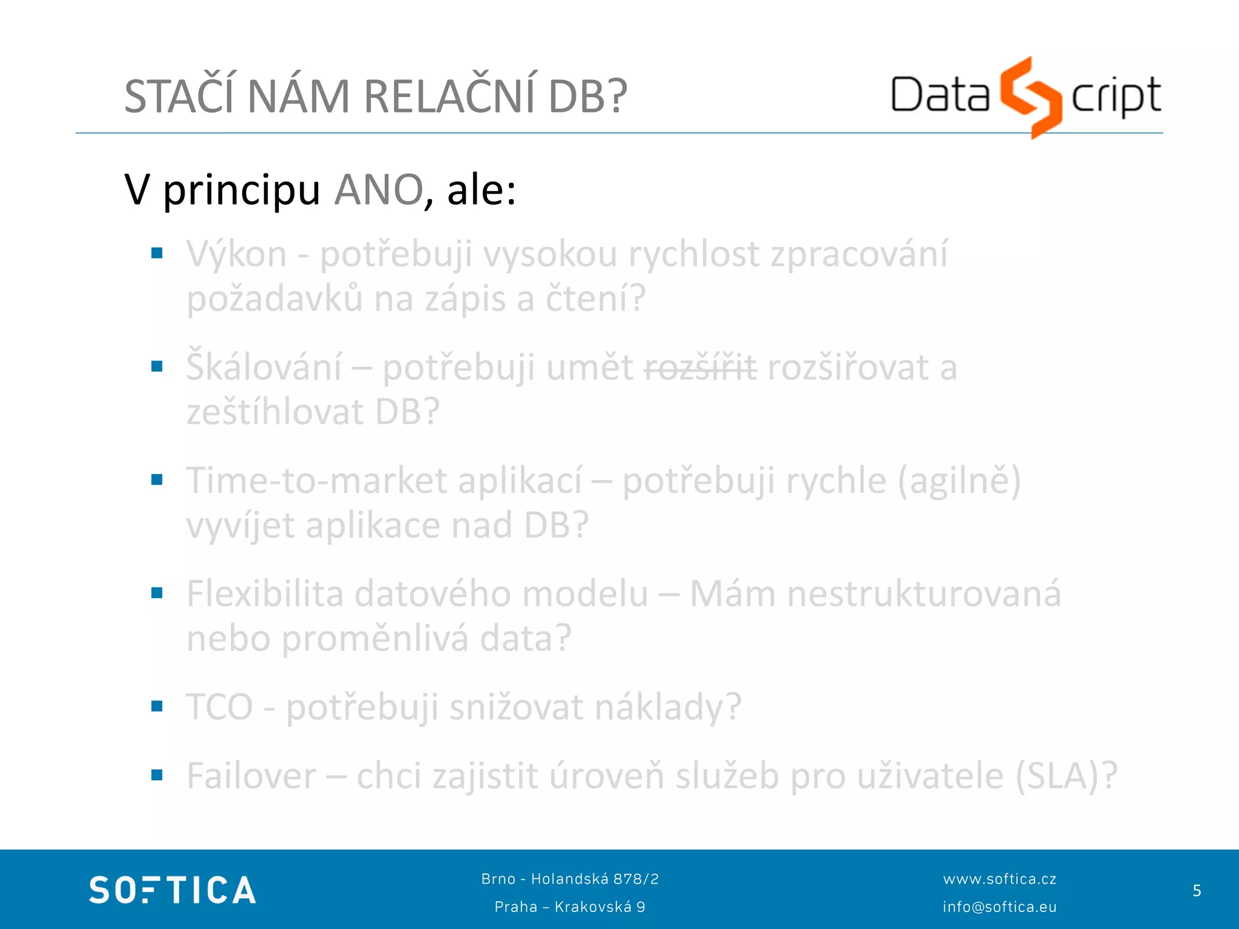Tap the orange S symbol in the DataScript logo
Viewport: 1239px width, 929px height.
pos(1030,97)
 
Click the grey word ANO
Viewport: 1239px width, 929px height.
pos(379,191)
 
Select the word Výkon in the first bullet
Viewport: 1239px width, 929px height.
pos(237,255)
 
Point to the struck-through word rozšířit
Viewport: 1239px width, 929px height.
pos(700,368)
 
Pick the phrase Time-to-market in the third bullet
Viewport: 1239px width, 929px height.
pos(316,481)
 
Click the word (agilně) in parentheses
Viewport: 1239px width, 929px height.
pos(959,481)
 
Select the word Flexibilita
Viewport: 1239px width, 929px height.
pos(264,594)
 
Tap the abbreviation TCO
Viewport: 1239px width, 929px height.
pos(219,707)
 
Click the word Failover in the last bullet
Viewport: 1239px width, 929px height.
pos(251,776)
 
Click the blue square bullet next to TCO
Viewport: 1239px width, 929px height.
pos(157,706)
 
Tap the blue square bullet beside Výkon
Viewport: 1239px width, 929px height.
pos(157,253)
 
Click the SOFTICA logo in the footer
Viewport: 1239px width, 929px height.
pos(172,890)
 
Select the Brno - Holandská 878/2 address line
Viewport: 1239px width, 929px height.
pos(570,879)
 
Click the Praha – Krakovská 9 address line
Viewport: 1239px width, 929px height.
pos(570,907)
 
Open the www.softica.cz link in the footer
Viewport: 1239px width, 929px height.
pos(999,879)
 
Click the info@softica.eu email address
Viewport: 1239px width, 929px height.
pos(999,907)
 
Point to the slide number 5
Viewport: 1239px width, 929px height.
pos(1197,890)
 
